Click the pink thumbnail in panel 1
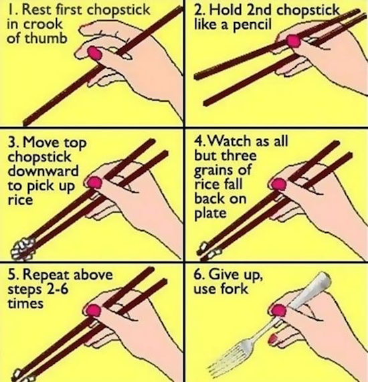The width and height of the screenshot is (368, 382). click(x=94, y=53)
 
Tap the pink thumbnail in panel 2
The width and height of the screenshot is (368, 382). click(x=293, y=41)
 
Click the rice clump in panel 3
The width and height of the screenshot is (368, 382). click(x=23, y=248)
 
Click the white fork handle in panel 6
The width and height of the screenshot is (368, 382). click(x=311, y=290)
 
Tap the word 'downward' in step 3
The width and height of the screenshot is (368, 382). click(x=43, y=171)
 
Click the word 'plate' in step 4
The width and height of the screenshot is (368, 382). click(x=210, y=214)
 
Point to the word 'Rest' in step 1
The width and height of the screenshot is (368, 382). click(x=37, y=10)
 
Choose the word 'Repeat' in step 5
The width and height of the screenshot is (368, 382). click(x=46, y=275)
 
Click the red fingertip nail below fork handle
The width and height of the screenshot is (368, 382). click(x=273, y=339)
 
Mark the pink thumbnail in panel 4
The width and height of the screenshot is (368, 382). click(x=278, y=184)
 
